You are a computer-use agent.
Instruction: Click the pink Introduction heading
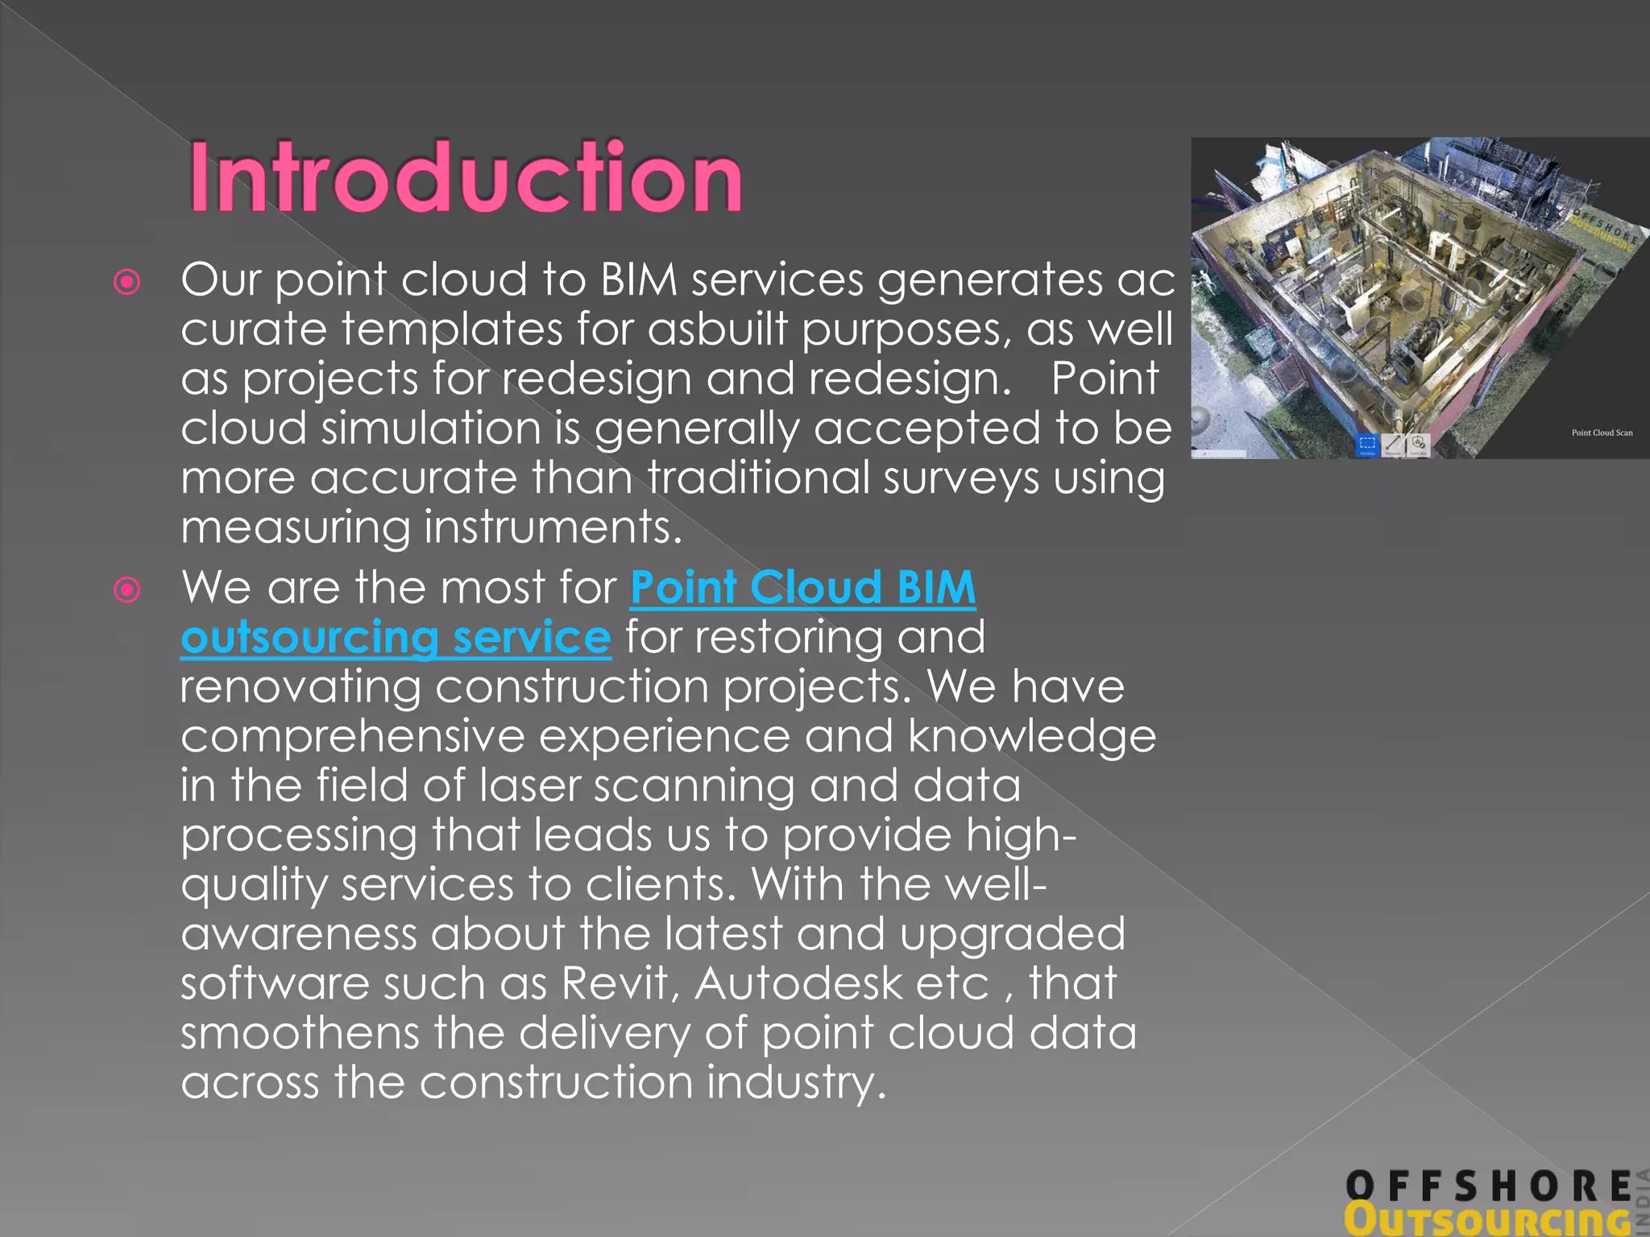[466, 177]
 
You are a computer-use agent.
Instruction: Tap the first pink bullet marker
[127, 282]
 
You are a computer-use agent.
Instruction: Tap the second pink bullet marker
[127, 590]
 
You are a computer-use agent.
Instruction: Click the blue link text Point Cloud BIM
[802, 587]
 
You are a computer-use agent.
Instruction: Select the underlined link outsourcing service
[396, 637]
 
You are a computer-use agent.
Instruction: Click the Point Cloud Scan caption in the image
[1602, 432]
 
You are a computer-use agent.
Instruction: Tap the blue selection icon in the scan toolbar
[1367, 444]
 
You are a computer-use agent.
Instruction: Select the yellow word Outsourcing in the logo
[1486, 1220]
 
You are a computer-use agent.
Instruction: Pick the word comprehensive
[352, 736]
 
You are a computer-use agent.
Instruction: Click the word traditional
[758, 478]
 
